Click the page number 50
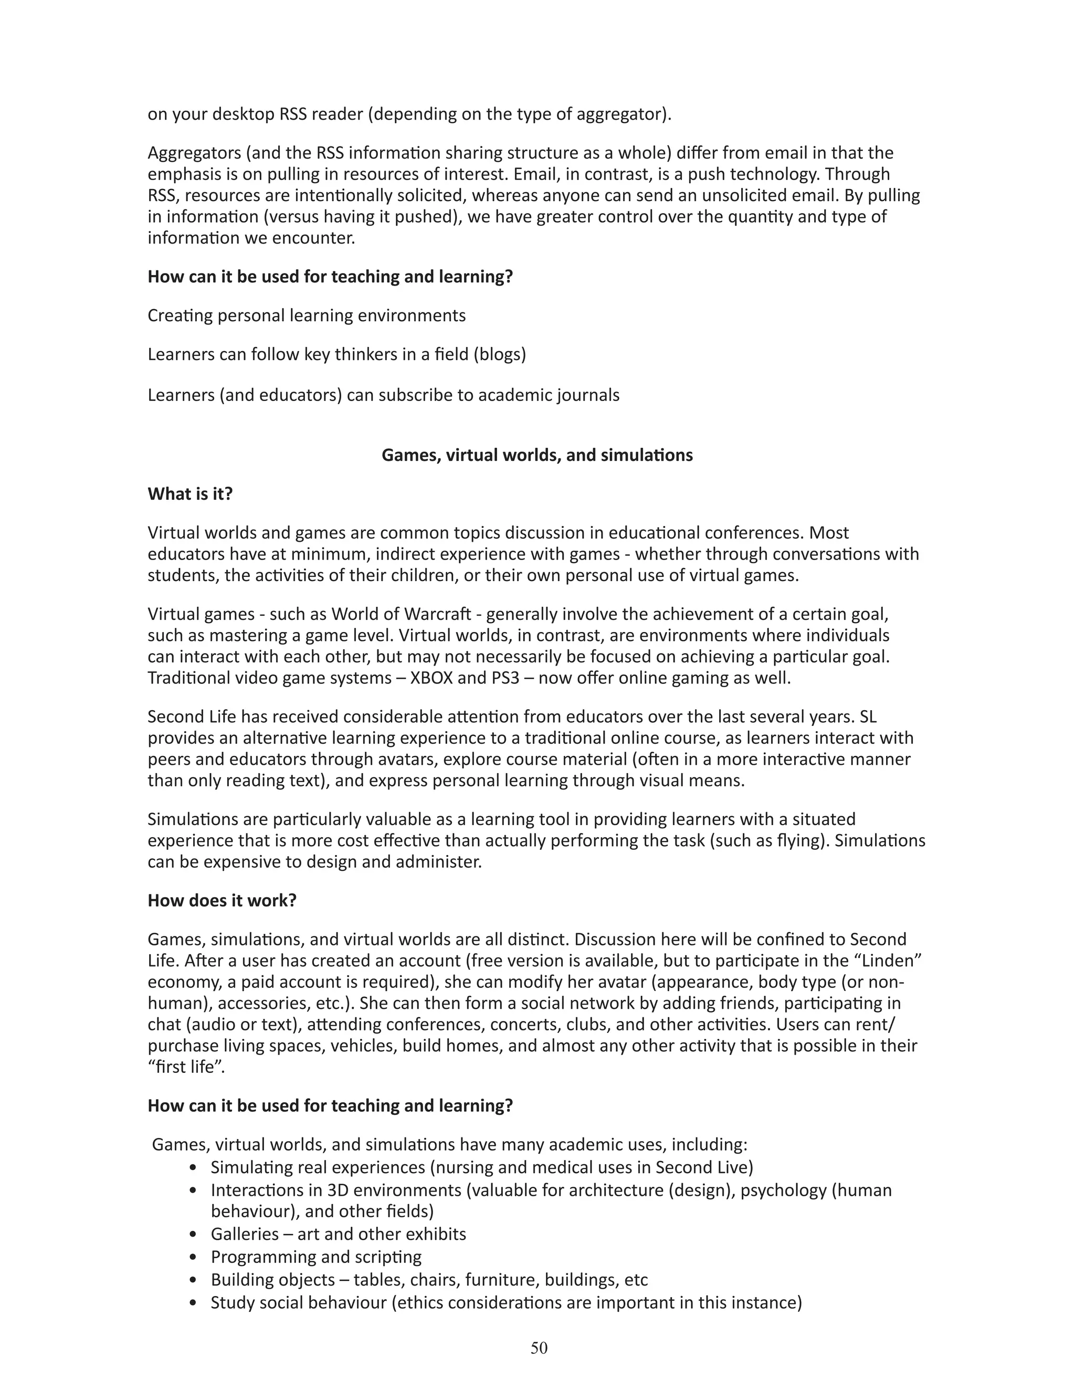click(539, 1347)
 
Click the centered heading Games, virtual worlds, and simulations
click(537, 456)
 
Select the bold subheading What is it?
click(190, 494)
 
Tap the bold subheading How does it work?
click(222, 901)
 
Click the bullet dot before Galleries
click(194, 1235)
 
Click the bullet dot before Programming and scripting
click(194, 1257)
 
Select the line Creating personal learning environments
click(307, 316)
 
